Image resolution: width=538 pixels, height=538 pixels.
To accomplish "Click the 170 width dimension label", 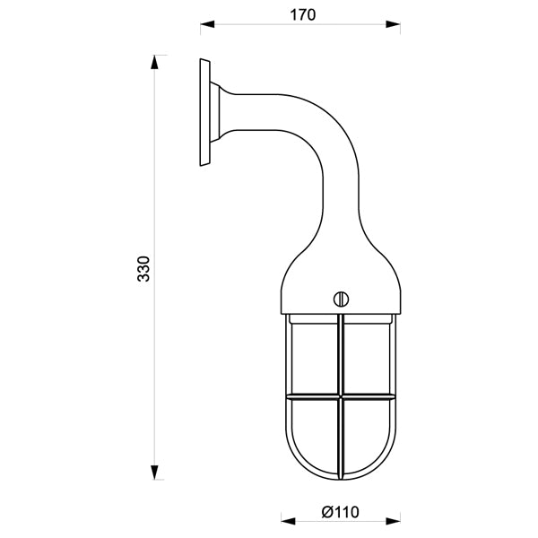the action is (x=303, y=15).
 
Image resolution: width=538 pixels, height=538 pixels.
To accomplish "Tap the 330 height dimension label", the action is (x=143, y=269).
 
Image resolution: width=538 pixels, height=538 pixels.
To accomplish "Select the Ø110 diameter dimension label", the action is (x=341, y=513).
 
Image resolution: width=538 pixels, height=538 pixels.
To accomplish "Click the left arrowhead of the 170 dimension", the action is (x=207, y=24).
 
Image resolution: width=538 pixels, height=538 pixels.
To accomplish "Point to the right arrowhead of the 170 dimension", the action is (x=394, y=24).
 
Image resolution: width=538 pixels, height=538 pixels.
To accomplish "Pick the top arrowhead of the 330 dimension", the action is (x=154, y=63).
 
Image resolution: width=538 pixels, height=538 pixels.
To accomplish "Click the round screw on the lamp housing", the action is (x=341, y=299).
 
